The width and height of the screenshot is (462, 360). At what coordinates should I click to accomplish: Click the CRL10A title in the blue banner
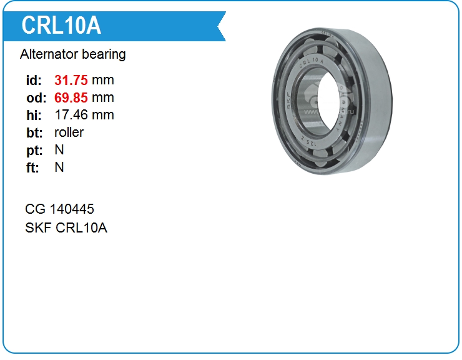(61, 26)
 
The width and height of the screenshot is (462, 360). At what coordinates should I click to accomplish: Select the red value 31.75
(71, 80)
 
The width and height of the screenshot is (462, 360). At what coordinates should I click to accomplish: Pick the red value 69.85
(71, 97)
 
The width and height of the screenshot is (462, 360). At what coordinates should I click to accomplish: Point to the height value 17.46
(71, 115)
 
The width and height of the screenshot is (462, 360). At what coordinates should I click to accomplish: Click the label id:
(34, 80)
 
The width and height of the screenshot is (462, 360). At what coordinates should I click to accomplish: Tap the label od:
(36, 98)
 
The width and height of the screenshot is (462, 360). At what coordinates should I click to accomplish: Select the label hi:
(34, 115)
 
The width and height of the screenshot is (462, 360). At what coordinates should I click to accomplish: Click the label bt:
(34, 132)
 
